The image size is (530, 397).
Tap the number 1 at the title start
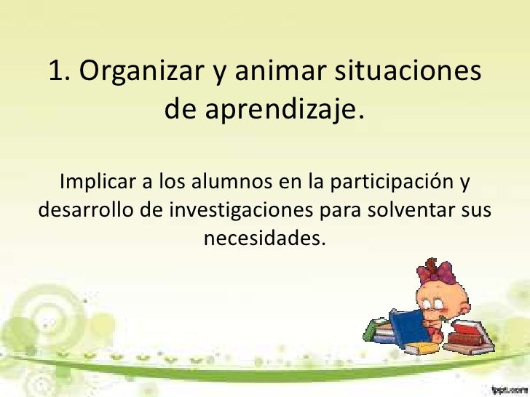pyautogui.click(x=57, y=71)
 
